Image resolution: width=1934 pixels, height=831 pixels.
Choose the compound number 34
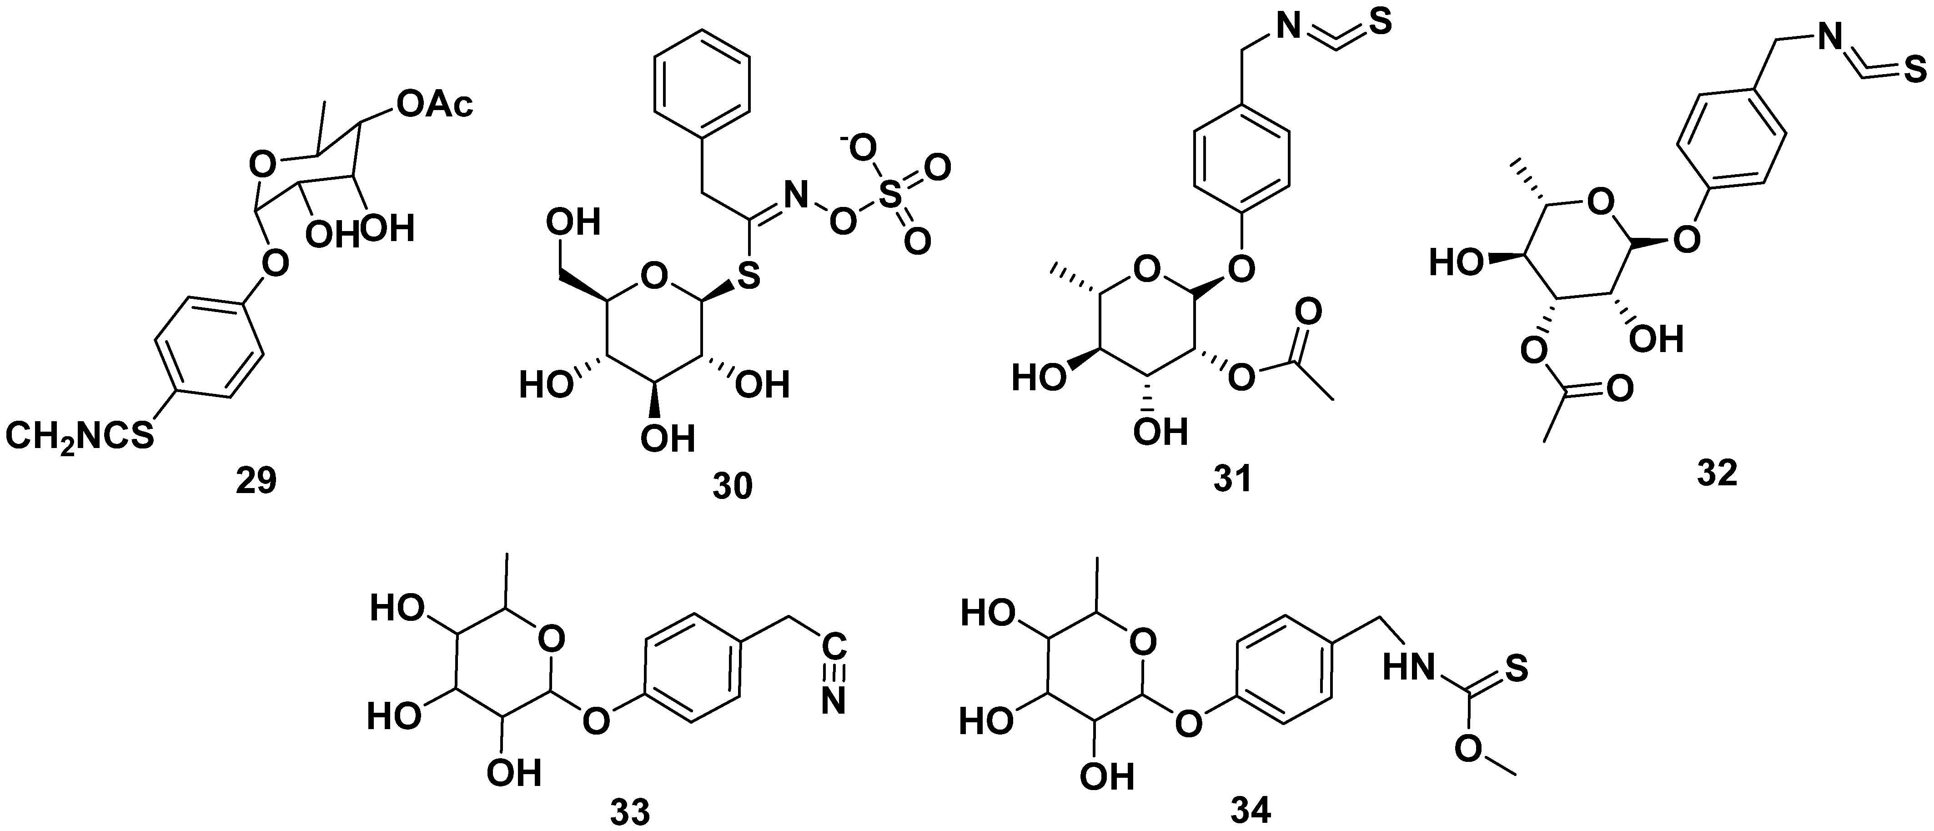click(x=1251, y=811)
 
